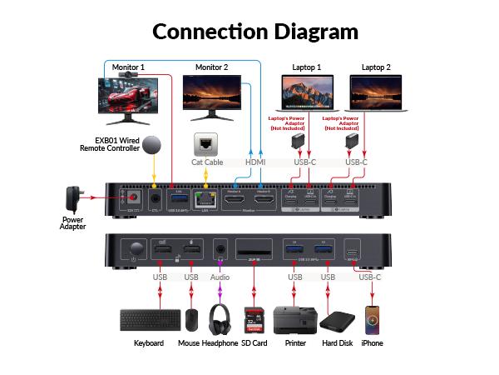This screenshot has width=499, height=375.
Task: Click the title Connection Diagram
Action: point(255,32)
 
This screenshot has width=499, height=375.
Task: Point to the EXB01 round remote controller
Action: point(152,144)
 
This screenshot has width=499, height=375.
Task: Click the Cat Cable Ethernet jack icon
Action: point(205,142)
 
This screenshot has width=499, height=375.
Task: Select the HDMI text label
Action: point(255,162)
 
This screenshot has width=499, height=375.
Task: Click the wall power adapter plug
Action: point(74,198)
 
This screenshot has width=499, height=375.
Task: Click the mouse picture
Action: point(192,320)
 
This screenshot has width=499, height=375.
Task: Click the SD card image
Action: point(253,320)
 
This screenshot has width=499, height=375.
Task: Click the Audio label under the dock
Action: point(220,277)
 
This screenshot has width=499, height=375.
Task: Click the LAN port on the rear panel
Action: point(203,201)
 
